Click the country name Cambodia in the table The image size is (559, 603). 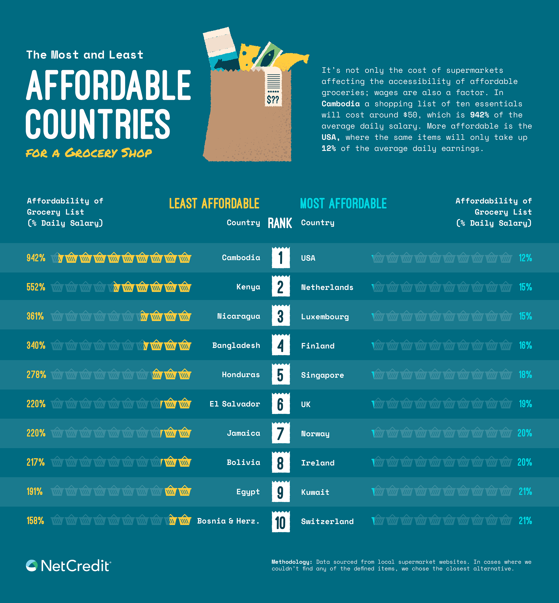click(241, 258)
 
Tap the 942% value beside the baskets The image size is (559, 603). click(36, 258)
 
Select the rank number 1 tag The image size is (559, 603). click(281, 258)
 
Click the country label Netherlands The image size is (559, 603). click(327, 287)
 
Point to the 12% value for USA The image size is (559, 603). click(525, 258)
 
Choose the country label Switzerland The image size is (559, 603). click(327, 521)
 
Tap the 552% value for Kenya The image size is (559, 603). click(36, 287)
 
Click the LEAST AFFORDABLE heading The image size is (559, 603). click(214, 203)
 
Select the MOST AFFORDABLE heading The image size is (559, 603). click(343, 203)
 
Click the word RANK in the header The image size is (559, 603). click(280, 223)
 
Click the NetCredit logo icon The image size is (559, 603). click(32, 566)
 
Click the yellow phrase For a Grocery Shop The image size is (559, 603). click(89, 153)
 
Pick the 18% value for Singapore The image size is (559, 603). click(525, 375)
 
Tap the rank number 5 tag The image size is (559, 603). click(281, 375)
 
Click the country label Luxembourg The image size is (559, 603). click(325, 317)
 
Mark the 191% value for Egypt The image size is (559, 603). click(35, 492)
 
